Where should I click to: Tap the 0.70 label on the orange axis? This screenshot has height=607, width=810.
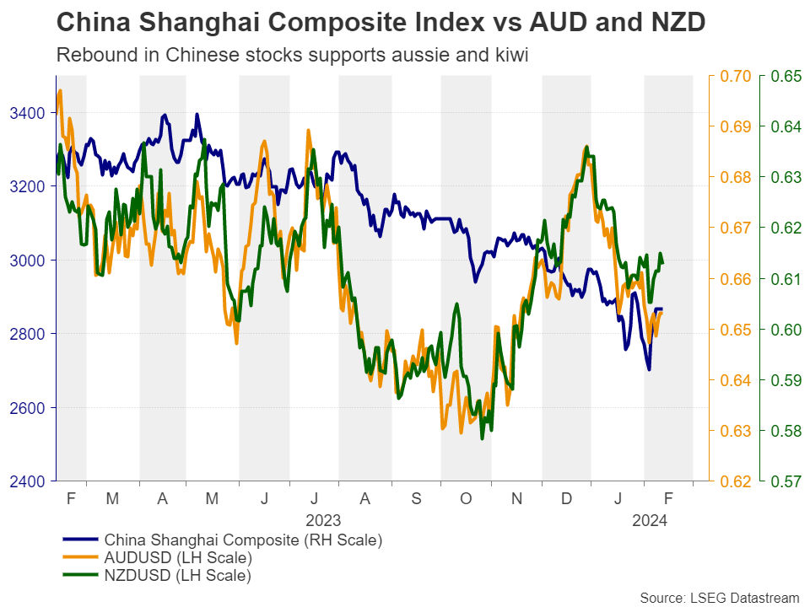[x=732, y=77]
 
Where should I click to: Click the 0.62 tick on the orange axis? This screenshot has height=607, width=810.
[x=732, y=481]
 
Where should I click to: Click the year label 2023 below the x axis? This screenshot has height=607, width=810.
[x=323, y=520]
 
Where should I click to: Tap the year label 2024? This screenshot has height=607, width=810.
[x=650, y=520]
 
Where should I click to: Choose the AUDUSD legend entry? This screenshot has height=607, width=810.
[x=176, y=558]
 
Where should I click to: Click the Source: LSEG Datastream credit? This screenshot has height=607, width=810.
[x=719, y=597]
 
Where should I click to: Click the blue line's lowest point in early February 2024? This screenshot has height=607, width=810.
[x=649, y=369]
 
